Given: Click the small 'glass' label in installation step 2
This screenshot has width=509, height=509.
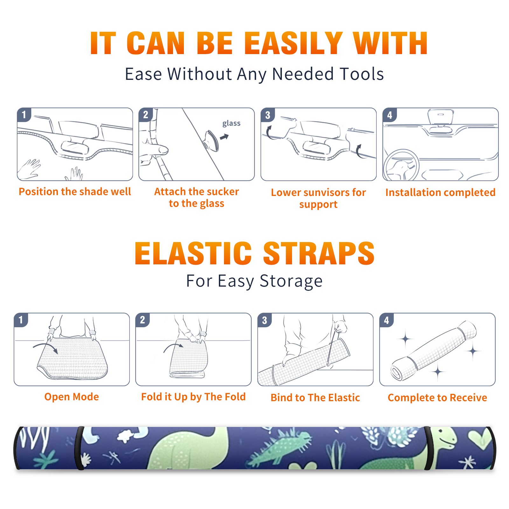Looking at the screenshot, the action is [231, 123].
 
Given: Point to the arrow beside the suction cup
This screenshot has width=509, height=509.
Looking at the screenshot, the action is [225, 137].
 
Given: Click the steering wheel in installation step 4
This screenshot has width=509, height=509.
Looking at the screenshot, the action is [401, 165].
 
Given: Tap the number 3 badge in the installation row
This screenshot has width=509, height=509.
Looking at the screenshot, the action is [268, 115].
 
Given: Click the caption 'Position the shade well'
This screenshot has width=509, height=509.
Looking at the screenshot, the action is [75, 192].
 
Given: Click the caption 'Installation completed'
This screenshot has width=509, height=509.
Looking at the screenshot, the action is [440, 192].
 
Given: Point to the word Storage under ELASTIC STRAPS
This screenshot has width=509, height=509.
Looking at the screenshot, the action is [291, 282].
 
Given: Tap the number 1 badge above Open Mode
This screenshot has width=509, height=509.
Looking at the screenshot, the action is [21, 320].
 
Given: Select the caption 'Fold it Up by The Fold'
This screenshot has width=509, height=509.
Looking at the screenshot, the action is [193, 397].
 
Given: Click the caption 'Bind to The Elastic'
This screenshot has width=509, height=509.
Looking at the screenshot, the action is [315, 398].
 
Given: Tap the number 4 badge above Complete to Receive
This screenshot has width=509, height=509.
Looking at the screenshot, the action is [387, 320].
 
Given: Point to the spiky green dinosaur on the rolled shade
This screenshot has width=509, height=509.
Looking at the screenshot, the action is [280, 445].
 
